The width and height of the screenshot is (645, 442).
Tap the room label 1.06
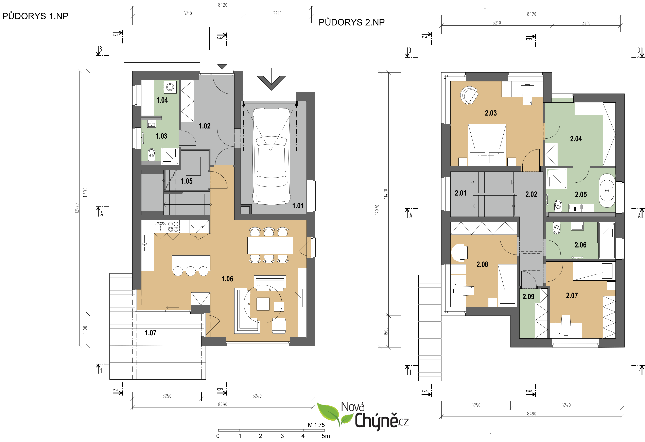tap(227, 279)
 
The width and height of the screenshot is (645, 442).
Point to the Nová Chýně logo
tap(363, 415)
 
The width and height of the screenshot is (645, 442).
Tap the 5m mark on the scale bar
tap(326, 436)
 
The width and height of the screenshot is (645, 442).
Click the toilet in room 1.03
tap(151, 154)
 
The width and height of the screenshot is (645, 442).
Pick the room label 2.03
tap(491, 113)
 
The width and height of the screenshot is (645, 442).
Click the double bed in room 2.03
tap(487, 145)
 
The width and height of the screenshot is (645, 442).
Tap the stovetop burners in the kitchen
tap(173, 226)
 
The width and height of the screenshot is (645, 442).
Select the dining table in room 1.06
tap(270, 245)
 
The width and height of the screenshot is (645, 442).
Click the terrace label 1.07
tap(151, 333)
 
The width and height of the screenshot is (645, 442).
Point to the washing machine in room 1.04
tap(170, 87)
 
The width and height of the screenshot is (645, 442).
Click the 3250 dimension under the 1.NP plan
tap(167, 396)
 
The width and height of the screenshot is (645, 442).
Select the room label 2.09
tap(528, 297)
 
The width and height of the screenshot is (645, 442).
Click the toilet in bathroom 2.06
tap(556, 229)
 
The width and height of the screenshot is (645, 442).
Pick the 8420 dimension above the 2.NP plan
tap(531, 14)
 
